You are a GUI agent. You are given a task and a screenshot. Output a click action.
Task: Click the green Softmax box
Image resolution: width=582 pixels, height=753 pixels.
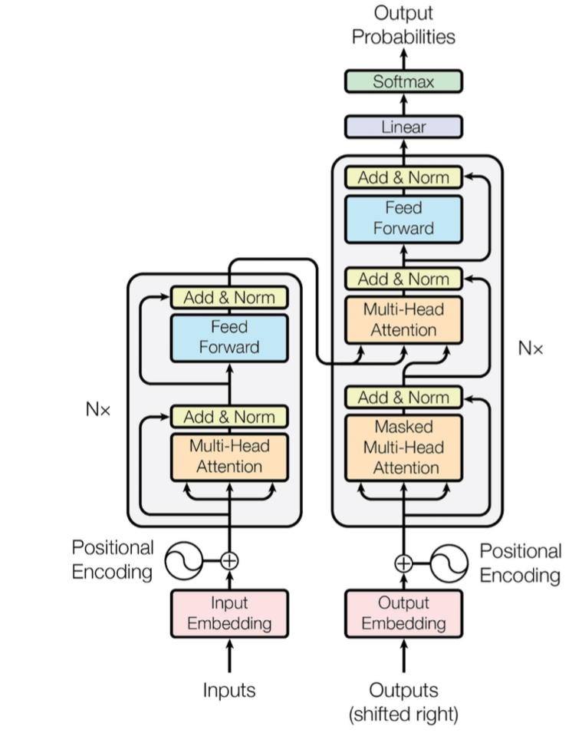[403, 81]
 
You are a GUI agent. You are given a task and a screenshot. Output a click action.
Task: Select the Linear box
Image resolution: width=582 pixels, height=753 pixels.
[403, 127]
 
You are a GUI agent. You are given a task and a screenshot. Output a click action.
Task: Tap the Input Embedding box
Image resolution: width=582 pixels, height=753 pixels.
[229, 613]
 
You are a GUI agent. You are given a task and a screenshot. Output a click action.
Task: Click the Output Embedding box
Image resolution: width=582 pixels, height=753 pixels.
[403, 613]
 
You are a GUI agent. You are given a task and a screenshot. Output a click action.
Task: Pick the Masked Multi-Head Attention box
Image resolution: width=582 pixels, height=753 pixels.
[403, 448]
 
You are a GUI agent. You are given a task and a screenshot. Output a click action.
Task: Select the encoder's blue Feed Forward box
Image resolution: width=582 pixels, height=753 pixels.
[229, 337]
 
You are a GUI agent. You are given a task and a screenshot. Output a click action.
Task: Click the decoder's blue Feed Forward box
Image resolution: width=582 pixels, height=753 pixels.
[403, 218]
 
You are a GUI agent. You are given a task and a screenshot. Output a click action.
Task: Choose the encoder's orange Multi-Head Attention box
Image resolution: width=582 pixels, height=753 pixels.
[229, 457]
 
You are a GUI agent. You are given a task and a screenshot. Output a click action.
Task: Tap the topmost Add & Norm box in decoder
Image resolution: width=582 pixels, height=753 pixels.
[403, 177]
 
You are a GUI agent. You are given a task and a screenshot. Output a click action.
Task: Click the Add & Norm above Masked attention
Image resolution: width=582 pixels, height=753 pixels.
[403, 397]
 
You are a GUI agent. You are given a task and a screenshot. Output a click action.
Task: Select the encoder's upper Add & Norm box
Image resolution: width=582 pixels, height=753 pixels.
[229, 297]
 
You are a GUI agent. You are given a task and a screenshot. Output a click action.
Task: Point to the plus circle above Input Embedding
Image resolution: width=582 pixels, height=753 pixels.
[229, 561]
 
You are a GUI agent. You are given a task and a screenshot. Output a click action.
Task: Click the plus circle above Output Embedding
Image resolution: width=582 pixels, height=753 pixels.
[403, 563]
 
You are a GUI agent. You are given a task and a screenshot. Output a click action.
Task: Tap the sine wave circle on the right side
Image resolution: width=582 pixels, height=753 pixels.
[449, 563]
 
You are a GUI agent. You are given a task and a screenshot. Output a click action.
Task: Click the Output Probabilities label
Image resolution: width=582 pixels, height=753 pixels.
[403, 25]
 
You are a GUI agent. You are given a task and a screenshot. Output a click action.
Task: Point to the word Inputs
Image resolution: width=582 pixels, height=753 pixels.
[229, 690]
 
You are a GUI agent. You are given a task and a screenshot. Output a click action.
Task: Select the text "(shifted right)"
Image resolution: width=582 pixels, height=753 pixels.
[403, 715]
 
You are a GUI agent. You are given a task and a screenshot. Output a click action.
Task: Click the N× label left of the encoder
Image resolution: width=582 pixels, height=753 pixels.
[98, 409]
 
